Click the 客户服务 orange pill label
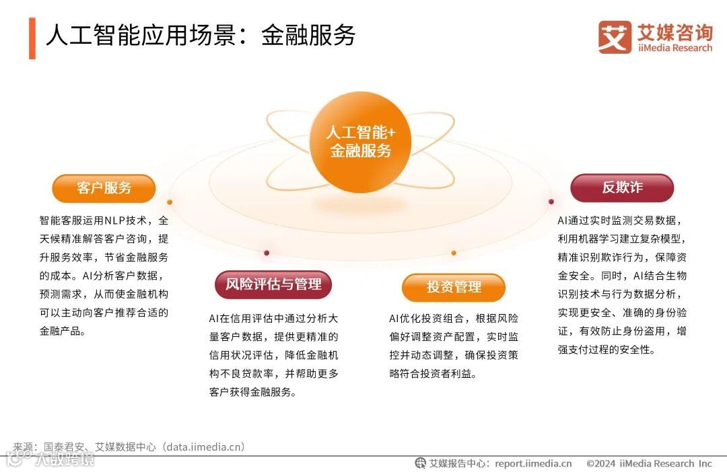tap(104, 188)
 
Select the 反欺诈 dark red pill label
tap(622, 188)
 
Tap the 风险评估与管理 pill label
tap(273, 284)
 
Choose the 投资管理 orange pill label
tap(454, 288)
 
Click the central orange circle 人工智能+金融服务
tap(361, 142)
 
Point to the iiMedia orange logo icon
tap(615, 37)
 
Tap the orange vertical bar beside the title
tap(32, 38)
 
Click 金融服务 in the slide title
tap(308, 36)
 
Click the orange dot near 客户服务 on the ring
tap(170, 202)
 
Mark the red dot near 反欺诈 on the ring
tap(551, 201)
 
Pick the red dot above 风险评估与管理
tap(267, 253)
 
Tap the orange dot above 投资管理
tap(454, 253)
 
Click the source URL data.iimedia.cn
tap(205, 446)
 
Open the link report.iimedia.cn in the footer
tap(533, 463)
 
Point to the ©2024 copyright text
tap(601, 463)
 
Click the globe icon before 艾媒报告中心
tap(421, 463)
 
